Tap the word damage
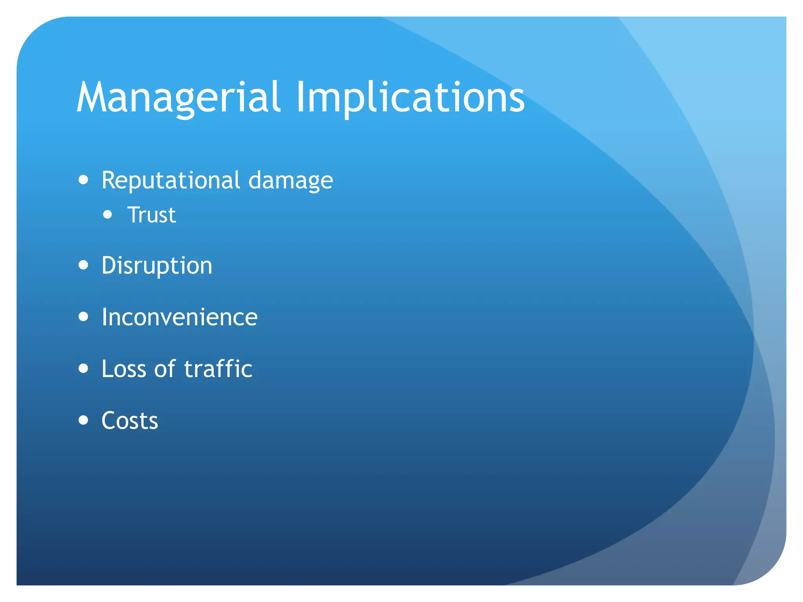click(291, 181)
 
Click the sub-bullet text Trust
click(152, 215)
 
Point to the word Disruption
click(157, 266)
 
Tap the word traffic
click(218, 369)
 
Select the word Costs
click(130, 421)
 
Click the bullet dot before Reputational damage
click(83, 180)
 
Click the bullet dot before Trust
click(107, 214)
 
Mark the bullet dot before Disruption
click(83, 265)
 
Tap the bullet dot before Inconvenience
click(83, 316)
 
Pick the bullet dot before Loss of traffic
click(83, 368)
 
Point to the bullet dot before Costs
click(83, 420)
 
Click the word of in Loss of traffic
click(165, 369)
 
